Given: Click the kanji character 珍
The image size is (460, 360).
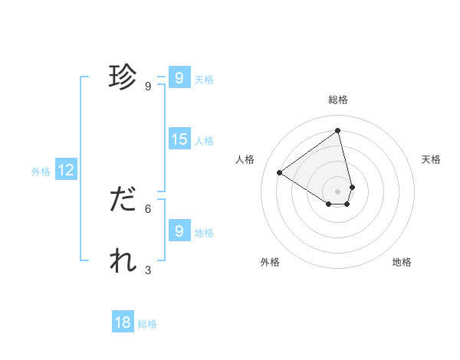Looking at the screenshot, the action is [123, 77].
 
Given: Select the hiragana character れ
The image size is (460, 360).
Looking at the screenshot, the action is [123, 261].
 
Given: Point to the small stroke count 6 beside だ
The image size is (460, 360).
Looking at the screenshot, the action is [148, 208].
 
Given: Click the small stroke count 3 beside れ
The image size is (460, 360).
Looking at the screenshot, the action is [148, 270].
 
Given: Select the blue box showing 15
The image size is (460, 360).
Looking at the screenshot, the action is [179, 139].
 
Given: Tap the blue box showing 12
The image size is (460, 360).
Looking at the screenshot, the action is [66, 170].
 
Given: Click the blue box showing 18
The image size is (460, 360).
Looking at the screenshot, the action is [123, 322].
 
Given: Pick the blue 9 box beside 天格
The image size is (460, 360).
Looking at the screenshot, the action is [179, 78].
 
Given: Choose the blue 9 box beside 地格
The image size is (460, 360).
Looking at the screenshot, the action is [179, 231].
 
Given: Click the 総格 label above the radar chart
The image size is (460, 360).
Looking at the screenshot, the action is [338, 100].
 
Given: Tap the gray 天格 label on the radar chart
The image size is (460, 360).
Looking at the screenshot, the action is [431, 159].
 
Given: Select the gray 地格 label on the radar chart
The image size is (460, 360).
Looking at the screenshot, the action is [402, 262].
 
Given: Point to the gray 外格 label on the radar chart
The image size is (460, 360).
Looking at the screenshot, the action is [270, 262].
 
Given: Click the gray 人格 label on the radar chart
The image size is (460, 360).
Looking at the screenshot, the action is [245, 159].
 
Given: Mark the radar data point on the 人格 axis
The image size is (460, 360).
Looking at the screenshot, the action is [280, 173].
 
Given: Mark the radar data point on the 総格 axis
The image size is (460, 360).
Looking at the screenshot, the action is [338, 131].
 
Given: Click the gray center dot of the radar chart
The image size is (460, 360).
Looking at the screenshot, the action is [338, 191].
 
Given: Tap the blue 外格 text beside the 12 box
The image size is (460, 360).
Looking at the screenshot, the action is [41, 172].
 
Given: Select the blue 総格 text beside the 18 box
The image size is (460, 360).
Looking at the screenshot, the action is [147, 324].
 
